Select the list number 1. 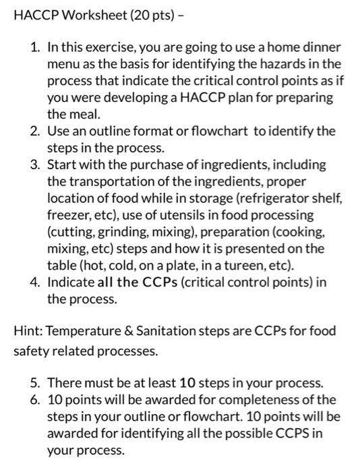coord(35,48)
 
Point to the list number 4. coord(35,282)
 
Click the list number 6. coord(35,400)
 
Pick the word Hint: coord(28,331)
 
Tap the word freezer coord(67,215)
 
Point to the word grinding coord(113,232)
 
